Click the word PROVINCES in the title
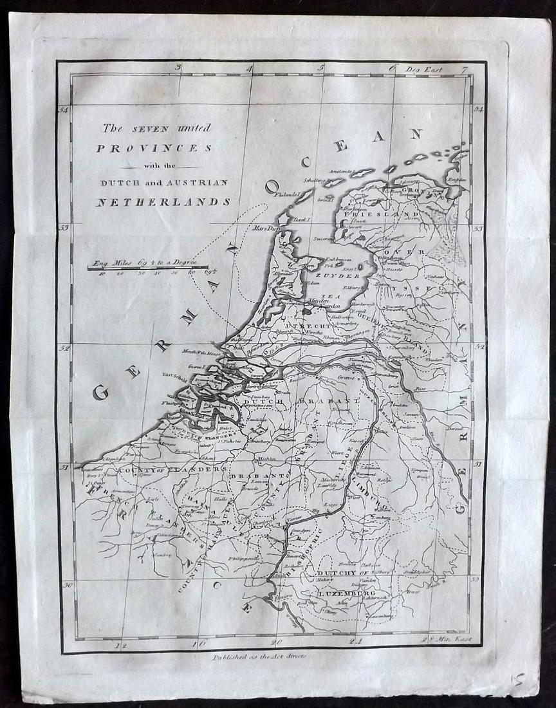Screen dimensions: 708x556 point(154,147)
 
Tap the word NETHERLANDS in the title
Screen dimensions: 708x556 point(163,201)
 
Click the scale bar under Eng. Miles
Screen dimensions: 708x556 point(148,266)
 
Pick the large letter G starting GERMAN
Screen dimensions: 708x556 point(100,392)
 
